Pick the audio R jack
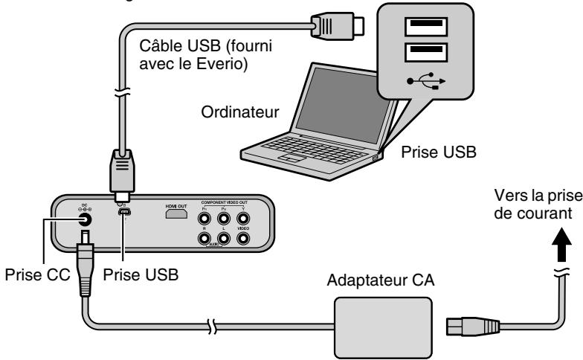coord(203,240)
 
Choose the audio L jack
coord(223,240)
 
